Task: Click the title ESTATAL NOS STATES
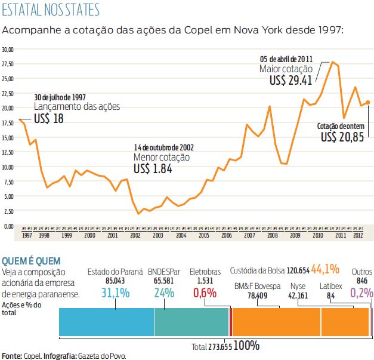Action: (x=51, y=10)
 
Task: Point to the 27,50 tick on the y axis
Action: (x=9, y=63)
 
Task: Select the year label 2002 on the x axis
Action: (x=135, y=236)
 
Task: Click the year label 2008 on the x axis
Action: (x=273, y=236)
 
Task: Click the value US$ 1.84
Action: (x=153, y=169)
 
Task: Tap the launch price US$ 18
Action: (x=48, y=118)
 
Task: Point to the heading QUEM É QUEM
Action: (x=30, y=261)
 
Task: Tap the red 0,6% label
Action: (x=205, y=293)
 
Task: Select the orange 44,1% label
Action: (x=325, y=269)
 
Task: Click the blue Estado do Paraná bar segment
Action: (x=107, y=322)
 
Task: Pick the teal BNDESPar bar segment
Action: (x=191, y=322)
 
